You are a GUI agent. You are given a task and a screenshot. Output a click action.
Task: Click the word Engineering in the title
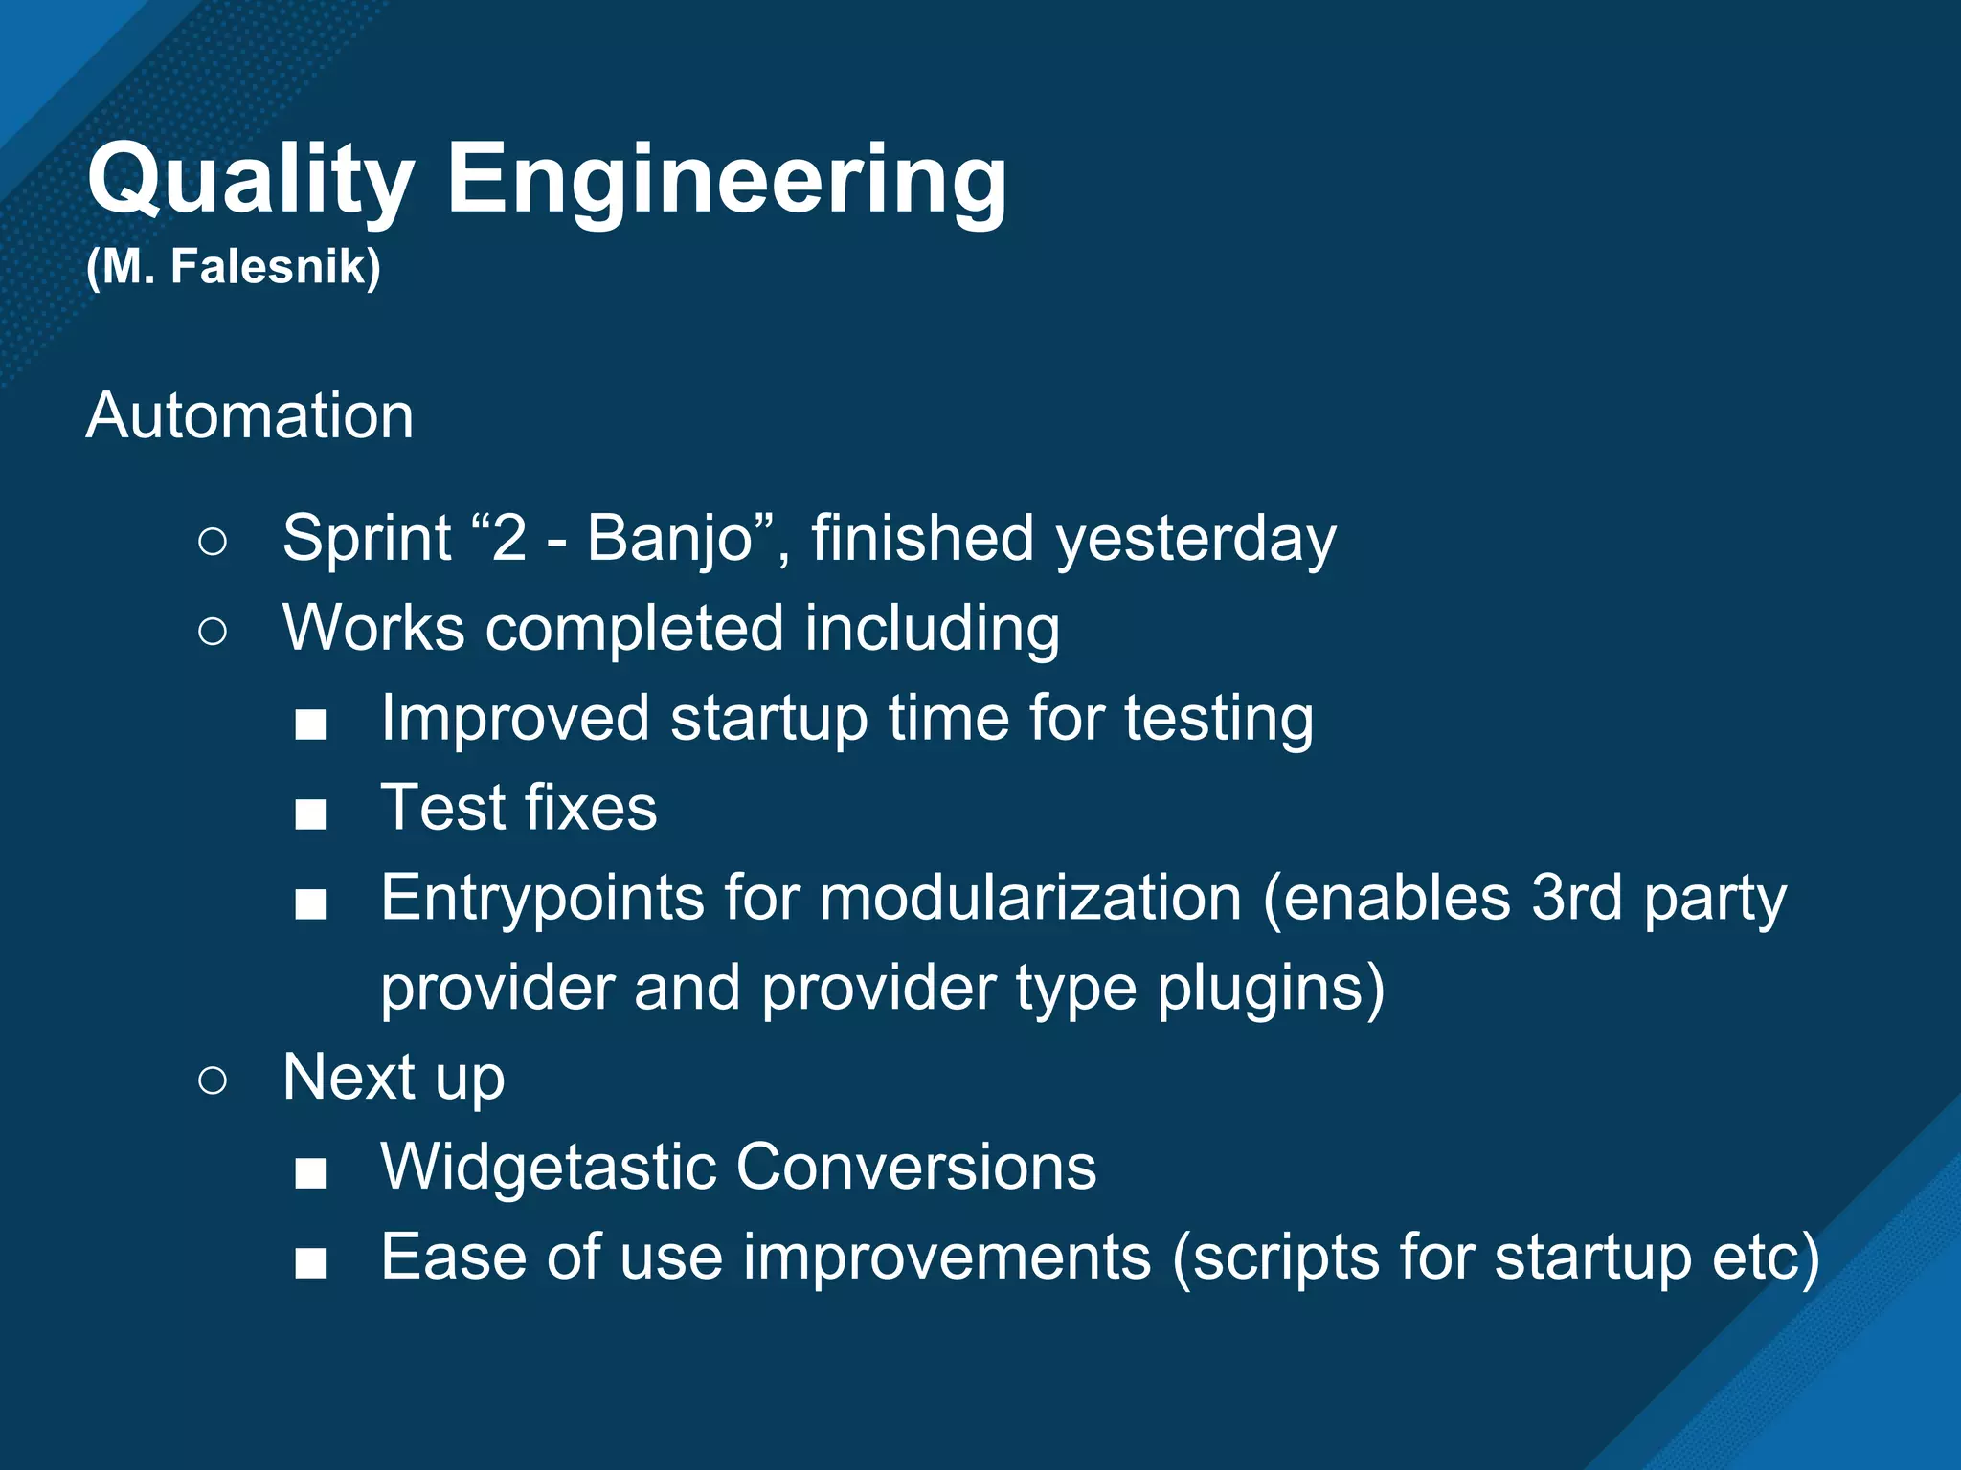727,180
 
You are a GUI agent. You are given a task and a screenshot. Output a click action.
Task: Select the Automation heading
250,416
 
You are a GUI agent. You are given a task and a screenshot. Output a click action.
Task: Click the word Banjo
669,538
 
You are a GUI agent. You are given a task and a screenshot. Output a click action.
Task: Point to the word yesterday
1196,540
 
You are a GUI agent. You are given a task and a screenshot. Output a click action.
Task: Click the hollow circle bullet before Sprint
213,542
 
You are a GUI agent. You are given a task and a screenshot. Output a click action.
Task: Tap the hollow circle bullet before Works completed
213,632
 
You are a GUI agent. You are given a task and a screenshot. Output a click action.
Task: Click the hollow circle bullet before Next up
213,1080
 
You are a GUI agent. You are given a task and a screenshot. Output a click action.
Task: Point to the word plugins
1270,988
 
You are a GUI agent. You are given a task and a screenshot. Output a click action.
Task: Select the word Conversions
915,1168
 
